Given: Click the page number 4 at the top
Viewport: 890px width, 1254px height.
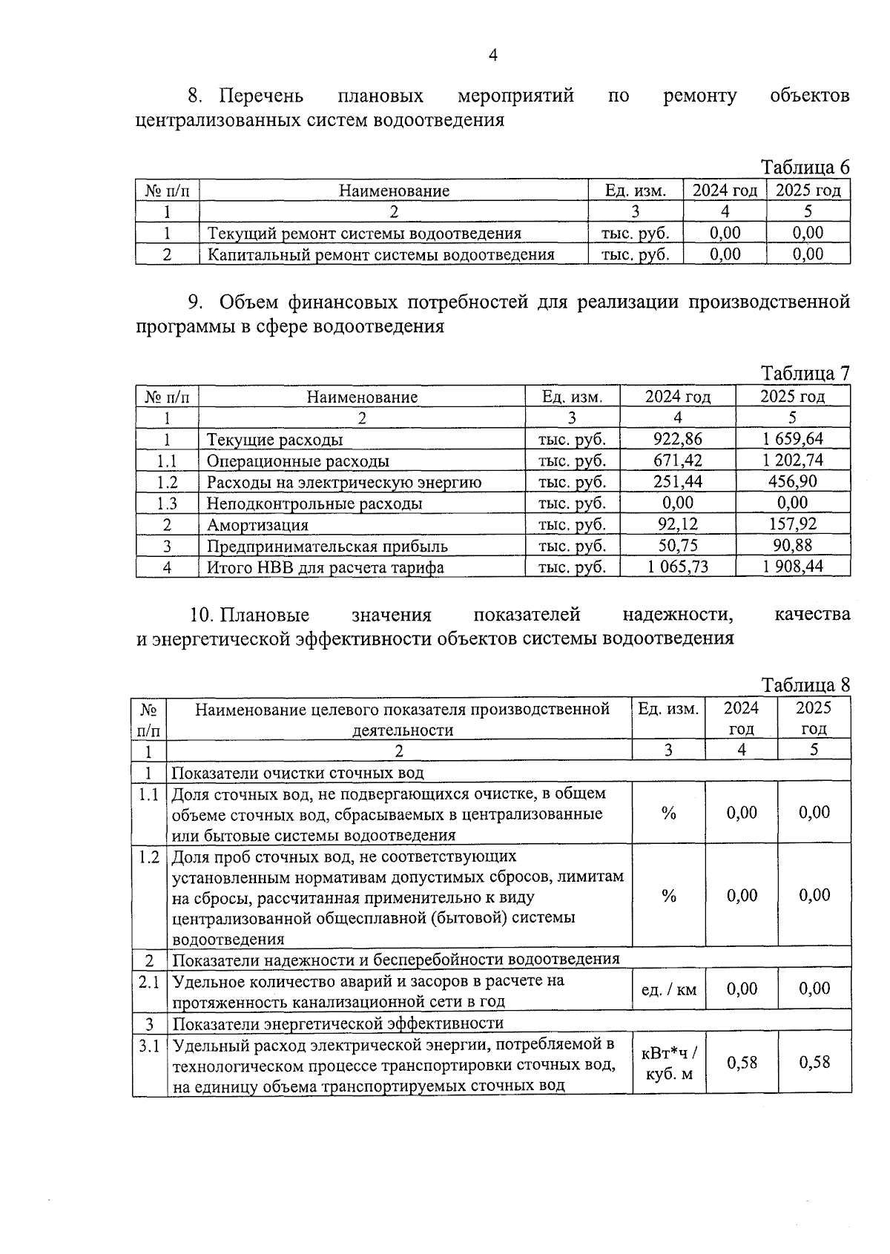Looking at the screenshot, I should click(492, 55).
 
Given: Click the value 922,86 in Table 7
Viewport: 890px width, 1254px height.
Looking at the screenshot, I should click(677, 439).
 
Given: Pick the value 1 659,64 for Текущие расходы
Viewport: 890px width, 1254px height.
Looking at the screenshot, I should click(793, 439).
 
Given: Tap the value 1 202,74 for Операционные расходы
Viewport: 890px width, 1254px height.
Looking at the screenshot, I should click(793, 461).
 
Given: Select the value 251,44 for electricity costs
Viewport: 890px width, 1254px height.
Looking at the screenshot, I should click(677, 482).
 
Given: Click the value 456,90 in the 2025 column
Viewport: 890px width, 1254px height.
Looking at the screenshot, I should click(793, 482).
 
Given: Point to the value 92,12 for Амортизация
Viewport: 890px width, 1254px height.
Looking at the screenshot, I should click(677, 524).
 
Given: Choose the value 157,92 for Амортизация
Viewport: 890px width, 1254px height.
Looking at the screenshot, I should click(793, 524).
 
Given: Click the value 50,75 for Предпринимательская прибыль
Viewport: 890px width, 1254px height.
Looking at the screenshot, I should click(677, 546).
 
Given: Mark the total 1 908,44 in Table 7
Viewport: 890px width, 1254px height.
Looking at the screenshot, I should click(793, 567).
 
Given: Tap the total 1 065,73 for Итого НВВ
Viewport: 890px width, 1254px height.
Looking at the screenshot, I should click(677, 567).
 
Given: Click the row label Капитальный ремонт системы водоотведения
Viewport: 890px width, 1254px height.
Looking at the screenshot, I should click(380, 254).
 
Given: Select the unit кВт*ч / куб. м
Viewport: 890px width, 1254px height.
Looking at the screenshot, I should click(668, 1063).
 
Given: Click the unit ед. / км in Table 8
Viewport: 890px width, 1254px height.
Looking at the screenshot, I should click(668, 989).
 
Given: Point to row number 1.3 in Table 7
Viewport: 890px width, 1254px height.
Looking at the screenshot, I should click(167, 504).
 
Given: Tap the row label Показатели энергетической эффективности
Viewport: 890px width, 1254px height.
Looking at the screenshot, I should click(338, 1024).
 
